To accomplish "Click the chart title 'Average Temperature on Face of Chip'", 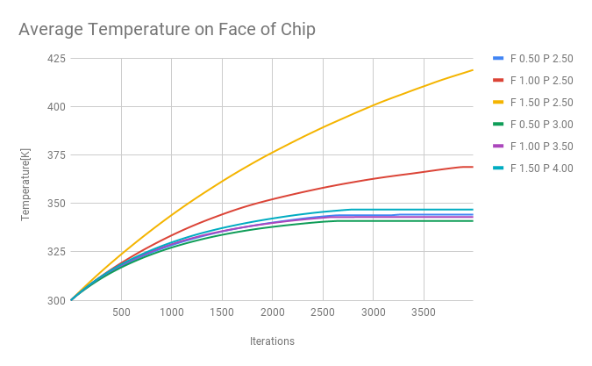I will click(x=167, y=29).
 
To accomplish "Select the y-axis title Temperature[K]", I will click(x=25, y=184).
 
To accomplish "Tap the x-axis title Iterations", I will click(x=272, y=341).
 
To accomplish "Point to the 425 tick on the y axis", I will click(x=54, y=59).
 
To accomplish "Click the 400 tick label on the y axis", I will click(x=54, y=107).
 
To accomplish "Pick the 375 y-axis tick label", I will click(x=54, y=155).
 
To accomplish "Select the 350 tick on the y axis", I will click(x=54, y=204).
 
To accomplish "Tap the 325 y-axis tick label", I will click(x=54, y=252).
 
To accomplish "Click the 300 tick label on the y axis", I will click(x=54, y=300).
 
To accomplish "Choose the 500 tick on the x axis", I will click(x=121, y=312).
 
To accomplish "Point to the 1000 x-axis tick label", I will click(x=171, y=312).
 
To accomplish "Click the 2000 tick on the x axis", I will click(x=272, y=312).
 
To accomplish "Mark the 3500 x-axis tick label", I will click(x=424, y=312).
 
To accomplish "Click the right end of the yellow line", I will click(x=473, y=70).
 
